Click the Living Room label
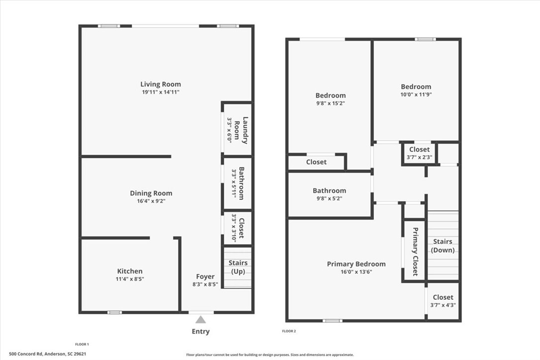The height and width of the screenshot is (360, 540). tap(161, 84)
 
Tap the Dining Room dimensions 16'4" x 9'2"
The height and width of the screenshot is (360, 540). tap(151, 201)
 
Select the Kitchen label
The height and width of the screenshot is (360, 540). tap(130, 271)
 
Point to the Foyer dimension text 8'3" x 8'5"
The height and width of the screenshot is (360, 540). tap(205, 284)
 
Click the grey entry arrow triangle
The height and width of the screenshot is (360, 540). tap(201, 320)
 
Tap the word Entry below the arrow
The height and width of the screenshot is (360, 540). tap(201, 331)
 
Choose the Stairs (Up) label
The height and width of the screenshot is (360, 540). tap(238, 267)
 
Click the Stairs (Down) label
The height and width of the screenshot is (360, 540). tap(443, 246)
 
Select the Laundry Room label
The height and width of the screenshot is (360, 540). tap(241, 130)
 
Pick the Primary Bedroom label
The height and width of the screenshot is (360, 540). tap(356, 264)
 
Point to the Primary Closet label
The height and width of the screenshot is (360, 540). tap(415, 252)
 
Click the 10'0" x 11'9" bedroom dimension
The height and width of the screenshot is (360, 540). tap(416, 94)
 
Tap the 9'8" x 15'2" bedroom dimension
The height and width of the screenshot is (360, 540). tap(331, 103)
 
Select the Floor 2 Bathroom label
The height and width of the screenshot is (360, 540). tap(330, 190)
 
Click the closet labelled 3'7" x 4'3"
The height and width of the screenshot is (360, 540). tap(443, 301)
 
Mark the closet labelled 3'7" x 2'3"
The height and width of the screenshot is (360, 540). tap(420, 153)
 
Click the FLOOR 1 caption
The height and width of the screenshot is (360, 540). tap(82, 344)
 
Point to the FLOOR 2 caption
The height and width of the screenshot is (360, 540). tap(289, 331)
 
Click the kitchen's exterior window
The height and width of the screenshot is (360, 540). tap(115, 312)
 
